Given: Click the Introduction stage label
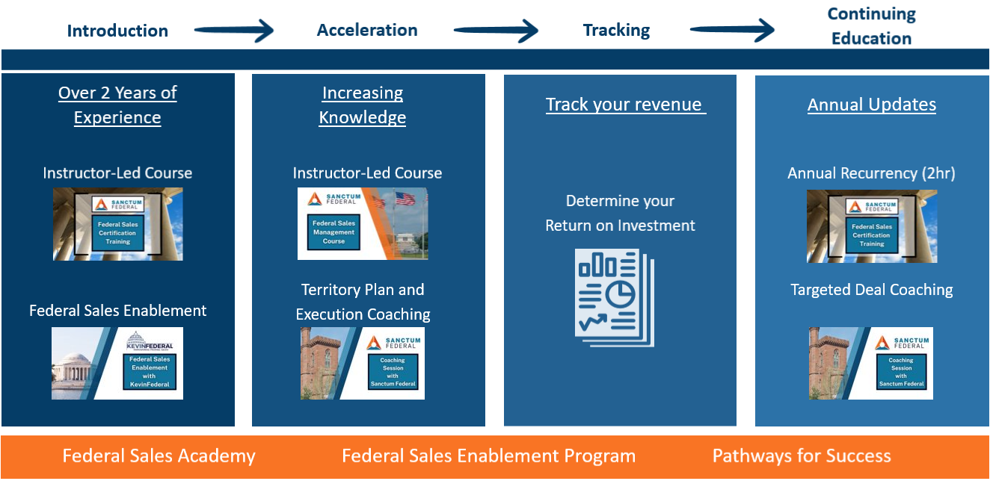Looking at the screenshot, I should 117,31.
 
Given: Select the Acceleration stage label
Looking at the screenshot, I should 367,30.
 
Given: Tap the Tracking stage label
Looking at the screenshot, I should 616,30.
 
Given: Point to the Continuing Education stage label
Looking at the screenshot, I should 871,26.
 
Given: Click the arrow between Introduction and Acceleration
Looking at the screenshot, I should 234,31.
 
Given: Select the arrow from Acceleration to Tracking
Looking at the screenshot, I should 496,31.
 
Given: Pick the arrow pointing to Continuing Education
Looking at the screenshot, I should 732,31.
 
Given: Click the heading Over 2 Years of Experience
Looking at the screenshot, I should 117,105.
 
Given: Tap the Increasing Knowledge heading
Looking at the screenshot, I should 363,105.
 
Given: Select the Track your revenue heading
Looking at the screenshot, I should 626,105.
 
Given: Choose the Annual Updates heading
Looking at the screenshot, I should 871,105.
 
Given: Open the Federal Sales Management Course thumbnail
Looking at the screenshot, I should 363,223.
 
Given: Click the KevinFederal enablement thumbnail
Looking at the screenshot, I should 117,363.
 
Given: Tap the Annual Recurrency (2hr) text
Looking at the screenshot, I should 871,173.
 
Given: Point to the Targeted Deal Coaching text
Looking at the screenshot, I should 871,290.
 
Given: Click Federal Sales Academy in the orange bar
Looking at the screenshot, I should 159,456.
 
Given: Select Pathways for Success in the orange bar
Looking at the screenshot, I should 802,456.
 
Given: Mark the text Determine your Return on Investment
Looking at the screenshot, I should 620,214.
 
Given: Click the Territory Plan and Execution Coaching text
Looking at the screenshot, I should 363,302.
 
